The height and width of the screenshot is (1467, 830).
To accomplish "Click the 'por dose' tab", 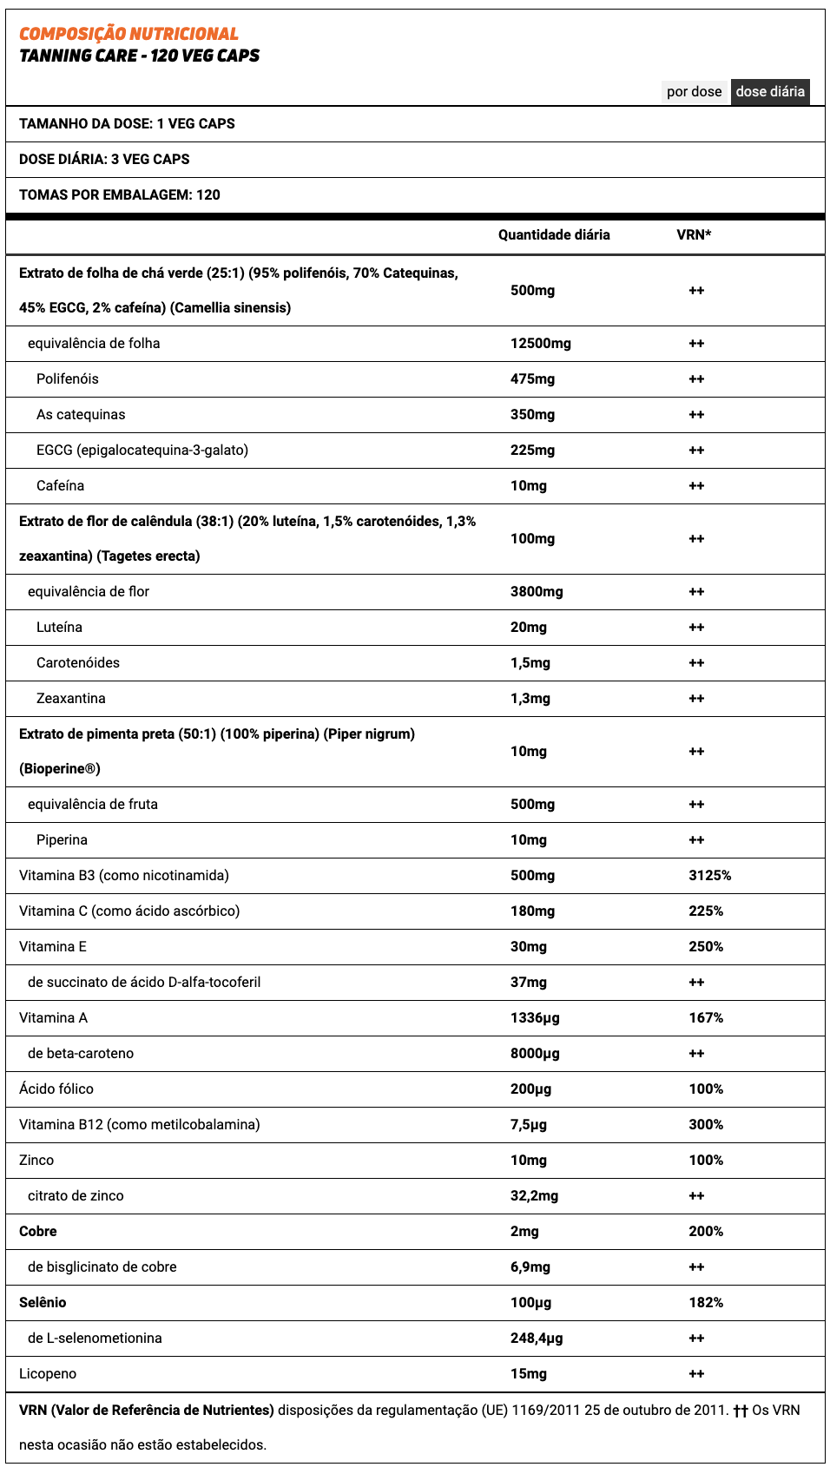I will (x=694, y=92).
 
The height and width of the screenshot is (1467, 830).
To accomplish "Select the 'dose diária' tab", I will (x=770, y=92).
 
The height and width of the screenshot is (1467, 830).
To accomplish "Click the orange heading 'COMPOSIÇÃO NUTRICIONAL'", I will (x=128, y=34).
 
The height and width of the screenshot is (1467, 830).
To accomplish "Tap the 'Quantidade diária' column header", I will (x=554, y=235).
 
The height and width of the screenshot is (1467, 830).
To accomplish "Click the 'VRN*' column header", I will (x=694, y=235).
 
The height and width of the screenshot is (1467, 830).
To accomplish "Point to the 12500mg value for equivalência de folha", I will (x=540, y=344).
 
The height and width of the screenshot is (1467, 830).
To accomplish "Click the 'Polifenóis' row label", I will (x=68, y=379).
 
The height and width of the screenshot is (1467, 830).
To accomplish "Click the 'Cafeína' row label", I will (x=60, y=486).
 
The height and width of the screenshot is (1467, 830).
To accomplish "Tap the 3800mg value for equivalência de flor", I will (x=537, y=592).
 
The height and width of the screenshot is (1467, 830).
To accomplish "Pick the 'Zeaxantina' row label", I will (x=71, y=699).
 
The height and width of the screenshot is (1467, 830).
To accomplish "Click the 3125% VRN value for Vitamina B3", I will (x=709, y=876).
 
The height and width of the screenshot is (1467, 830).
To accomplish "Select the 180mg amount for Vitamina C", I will (x=532, y=911).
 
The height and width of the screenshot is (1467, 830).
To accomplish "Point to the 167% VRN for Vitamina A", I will (x=706, y=1018).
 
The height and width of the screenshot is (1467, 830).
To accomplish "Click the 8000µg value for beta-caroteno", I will (x=535, y=1054).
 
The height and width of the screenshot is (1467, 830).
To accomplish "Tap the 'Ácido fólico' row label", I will (x=56, y=1089).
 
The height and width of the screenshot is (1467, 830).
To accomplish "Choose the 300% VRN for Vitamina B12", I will (x=706, y=1125).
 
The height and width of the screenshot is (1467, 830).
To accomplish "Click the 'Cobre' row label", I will (x=38, y=1232).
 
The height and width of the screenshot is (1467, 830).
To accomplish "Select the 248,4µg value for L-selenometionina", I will (x=537, y=1339).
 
